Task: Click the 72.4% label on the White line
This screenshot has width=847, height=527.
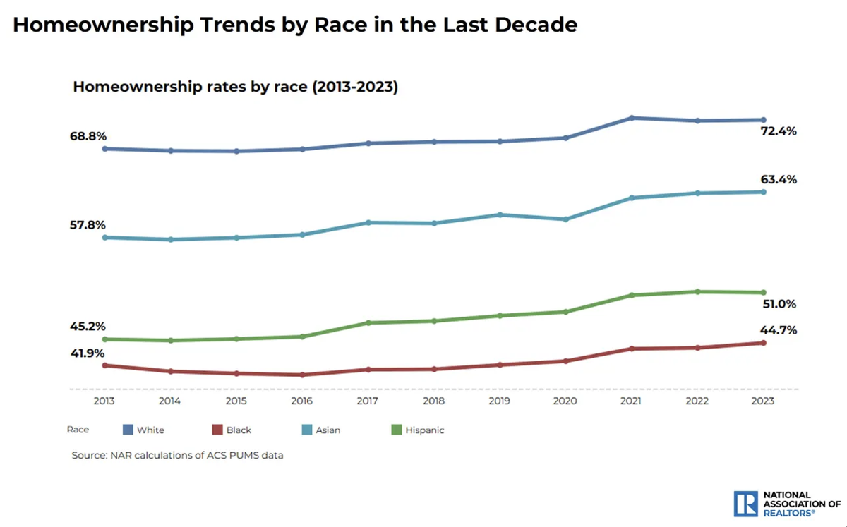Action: pos(779,131)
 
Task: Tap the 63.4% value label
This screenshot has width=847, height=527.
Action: pos(779,179)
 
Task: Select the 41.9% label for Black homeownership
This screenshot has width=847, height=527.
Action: pos(88,353)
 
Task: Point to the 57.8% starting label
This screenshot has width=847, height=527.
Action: pos(88,225)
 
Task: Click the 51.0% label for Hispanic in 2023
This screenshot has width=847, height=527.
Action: pos(779,304)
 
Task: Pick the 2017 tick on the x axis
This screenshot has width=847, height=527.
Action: pos(368,401)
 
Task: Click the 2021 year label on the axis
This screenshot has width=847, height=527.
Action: pos(631,401)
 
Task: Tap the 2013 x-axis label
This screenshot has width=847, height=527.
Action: pos(104,401)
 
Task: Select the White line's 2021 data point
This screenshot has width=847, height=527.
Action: pos(632,118)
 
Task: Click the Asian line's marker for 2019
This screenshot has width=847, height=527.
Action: pos(500,214)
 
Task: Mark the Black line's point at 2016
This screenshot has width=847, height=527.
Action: pos(302,375)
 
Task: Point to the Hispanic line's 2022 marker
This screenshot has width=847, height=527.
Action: pos(697,291)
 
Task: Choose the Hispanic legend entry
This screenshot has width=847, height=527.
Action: pos(424,430)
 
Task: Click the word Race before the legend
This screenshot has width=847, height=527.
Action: pos(78,429)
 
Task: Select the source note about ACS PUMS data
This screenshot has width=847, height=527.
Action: pos(177,455)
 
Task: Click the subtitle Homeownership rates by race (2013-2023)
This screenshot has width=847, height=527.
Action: pos(236,88)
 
